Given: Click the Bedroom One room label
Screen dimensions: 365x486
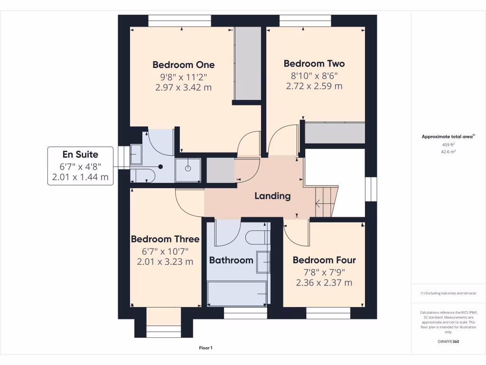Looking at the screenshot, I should click(x=183, y=65).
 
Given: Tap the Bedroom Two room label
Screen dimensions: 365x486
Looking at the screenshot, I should click(x=314, y=64).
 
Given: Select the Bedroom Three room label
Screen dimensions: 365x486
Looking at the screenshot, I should click(x=165, y=239).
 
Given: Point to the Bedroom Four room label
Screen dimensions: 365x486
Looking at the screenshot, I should click(x=324, y=260).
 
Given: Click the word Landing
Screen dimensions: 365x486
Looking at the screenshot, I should click(x=272, y=196).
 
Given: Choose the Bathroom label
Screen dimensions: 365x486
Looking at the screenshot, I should click(x=231, y=260).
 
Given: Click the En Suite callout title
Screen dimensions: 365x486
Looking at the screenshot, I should click(x=80, y=154).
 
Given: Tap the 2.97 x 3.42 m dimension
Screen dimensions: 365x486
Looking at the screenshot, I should click(x=183, y=87).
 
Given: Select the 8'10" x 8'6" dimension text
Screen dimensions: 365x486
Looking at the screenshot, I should click(x=314, y=76).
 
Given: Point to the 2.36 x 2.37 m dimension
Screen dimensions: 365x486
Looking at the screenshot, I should click(x=324, y=283).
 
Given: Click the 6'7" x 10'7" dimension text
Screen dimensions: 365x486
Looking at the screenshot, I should click(x=165, y=251).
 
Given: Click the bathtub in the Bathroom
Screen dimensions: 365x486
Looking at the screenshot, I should click(x=237, y=293).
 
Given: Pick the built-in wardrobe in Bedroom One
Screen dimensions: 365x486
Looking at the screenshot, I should click(x=248, y=63).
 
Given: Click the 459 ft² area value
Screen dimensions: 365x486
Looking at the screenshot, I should click(x=448, y=144).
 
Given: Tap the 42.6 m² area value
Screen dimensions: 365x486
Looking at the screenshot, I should click(x=448, y=152).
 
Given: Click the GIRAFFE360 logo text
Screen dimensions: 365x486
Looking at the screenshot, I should click(x=448, y=341).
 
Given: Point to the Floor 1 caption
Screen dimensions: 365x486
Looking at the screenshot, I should click(x=206, y=348).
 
